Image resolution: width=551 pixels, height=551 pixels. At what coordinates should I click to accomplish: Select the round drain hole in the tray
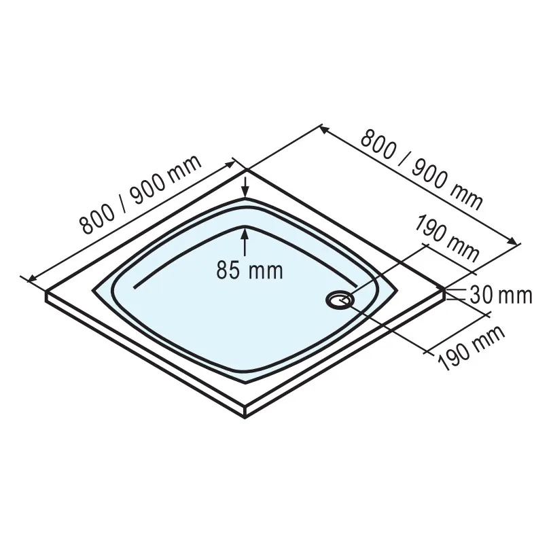tap(338, 299)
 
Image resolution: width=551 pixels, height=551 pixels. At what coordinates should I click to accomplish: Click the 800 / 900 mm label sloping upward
tap(141, 195)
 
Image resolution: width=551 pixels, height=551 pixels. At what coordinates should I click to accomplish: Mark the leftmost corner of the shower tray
tap(46, 293)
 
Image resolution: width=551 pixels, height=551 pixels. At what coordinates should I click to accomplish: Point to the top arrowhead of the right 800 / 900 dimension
tap(322, 129)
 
